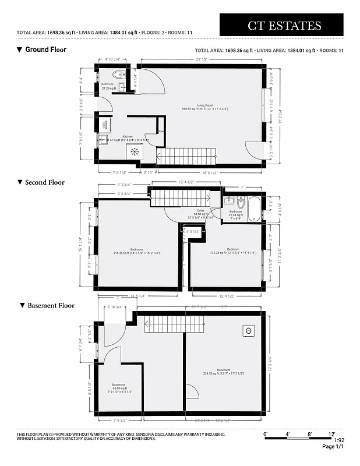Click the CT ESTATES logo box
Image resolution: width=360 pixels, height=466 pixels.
[284, 25]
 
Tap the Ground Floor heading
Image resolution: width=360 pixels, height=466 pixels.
[45, 50]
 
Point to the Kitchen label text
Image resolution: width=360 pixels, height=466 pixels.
[128, 137]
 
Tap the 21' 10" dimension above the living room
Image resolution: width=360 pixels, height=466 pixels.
[202, 59]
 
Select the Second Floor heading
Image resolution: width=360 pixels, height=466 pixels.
[44, 182]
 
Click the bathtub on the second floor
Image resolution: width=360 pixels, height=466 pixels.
[255, 210]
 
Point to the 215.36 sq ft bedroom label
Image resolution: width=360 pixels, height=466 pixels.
[136, 251]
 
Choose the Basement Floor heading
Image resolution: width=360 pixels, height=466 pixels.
[51, 305]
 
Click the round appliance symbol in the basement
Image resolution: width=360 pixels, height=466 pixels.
[248, 330]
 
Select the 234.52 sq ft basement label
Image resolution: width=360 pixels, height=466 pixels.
[224, 372]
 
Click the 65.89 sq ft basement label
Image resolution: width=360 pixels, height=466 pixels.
[119, 387]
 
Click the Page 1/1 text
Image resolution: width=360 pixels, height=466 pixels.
[333, 447]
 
